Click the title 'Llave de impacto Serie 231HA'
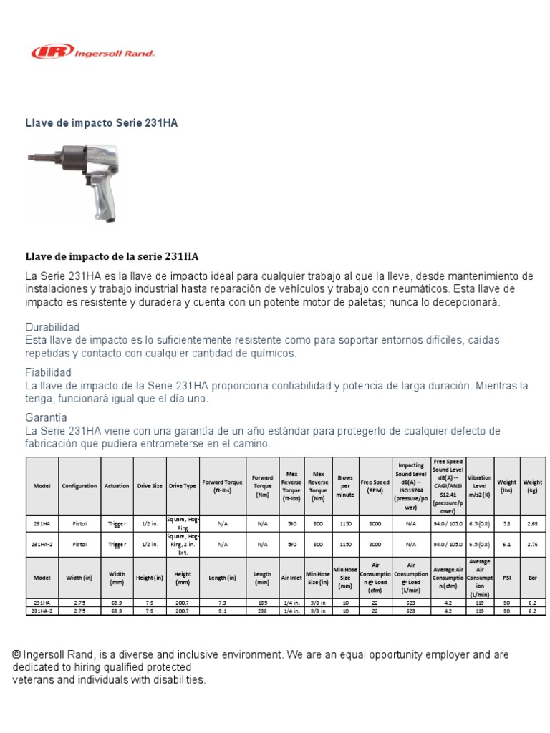(x=102, y=123)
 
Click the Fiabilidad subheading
(x=48, y=372)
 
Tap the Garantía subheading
(x=46, y=417)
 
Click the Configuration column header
(x=79, y=486)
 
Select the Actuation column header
(x=117, y=486)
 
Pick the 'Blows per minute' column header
(x=345, y=486)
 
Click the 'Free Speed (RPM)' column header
(x=375, y=486)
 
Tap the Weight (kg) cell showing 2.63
(x=532, y=523)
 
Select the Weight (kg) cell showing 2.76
(x=532, y=544)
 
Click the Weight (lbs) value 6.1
(x=507, y=544)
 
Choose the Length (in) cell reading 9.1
(x=222, y=611)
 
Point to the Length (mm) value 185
(x=262, y=603)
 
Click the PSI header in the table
(x=507, y=578)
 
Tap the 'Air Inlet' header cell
(x=291, y=578)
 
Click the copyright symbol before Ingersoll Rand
(x=16, y=654)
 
